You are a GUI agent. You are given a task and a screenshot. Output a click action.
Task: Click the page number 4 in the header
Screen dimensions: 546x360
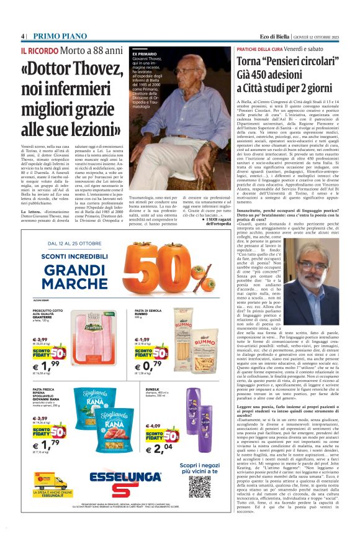24,35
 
